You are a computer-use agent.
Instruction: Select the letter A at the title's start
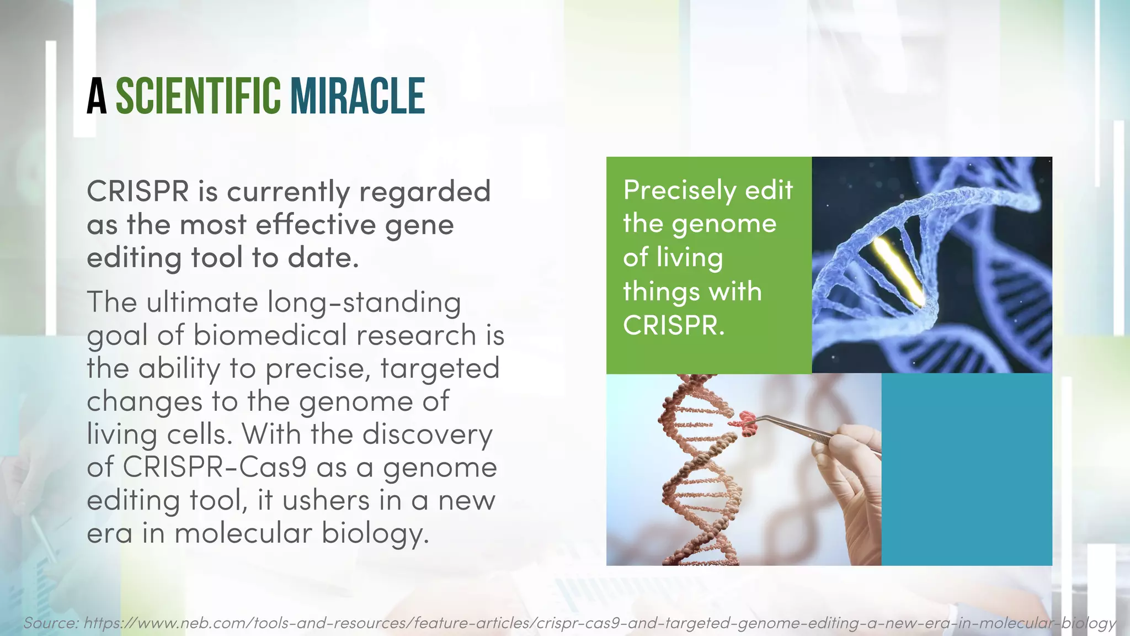(x=97, y=97)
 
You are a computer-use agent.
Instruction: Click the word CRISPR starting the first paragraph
(x=138, y=192)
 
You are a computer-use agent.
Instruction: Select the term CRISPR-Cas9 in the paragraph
(x=215, y=467)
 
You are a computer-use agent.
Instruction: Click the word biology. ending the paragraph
(x=375, y=534)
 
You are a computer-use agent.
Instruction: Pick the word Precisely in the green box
(x=679, y=190)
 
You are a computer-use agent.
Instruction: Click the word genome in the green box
(x=724, y=224)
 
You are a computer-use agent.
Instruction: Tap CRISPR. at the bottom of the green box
(x=673, y=325)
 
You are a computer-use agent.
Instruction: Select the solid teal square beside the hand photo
(x=967, y=469)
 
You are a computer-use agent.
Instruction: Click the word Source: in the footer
(x=51, y=623)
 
